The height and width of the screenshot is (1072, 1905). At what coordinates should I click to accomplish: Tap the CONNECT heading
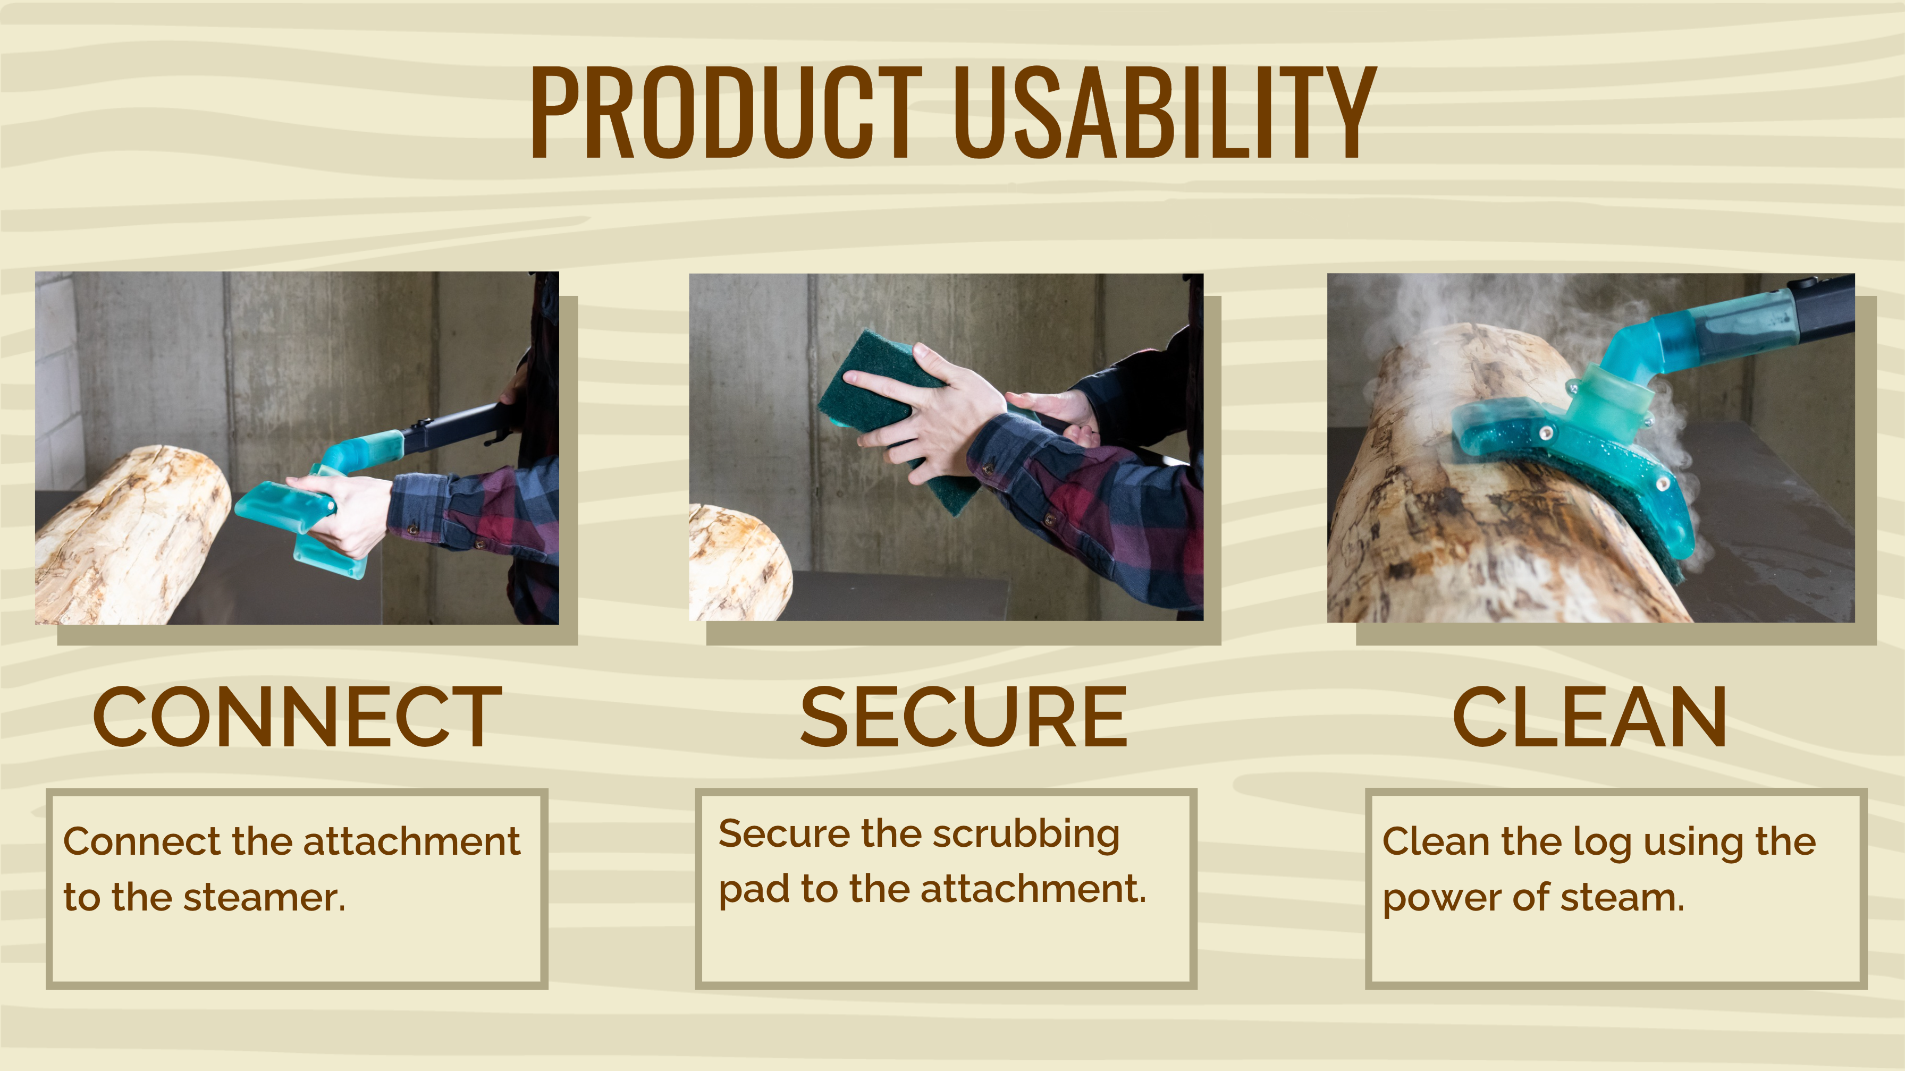(297, 717)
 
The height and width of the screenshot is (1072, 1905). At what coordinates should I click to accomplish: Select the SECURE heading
(964, 717)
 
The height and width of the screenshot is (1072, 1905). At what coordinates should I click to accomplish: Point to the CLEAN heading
(1589, 717)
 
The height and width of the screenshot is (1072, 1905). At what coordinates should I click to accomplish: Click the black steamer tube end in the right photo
(1823, 307)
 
